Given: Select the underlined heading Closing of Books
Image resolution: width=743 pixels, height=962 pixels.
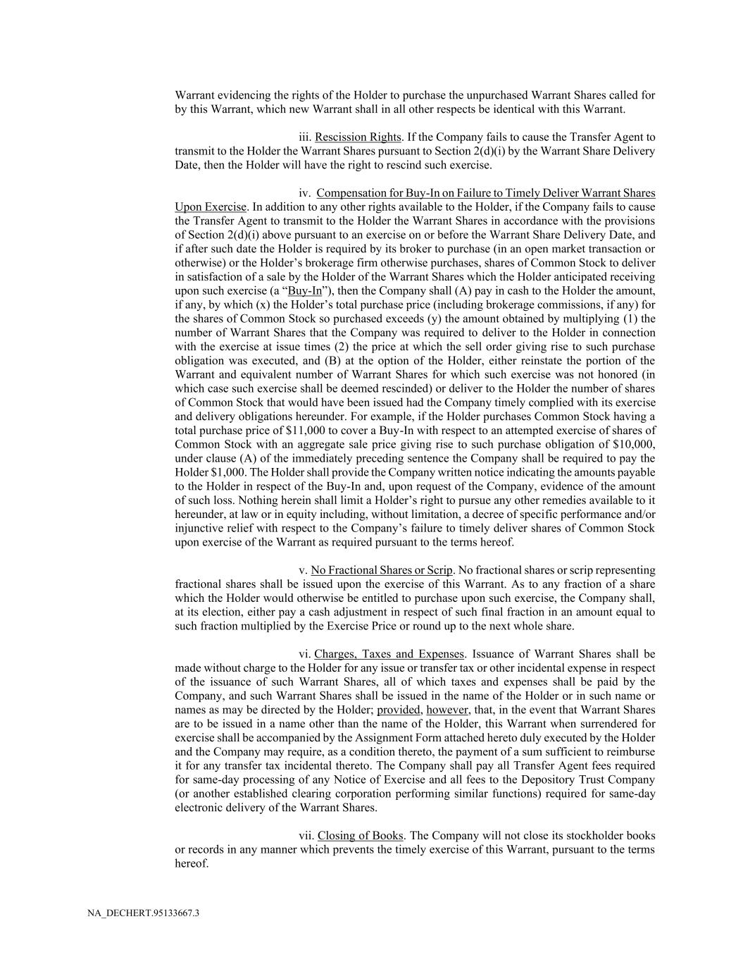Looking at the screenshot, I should (x=360, y=836).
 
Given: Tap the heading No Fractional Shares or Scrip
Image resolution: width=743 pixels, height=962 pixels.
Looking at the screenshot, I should (x=382, y=570).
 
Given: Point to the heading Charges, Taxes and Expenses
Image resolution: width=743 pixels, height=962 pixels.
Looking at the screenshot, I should (x=389, y=654).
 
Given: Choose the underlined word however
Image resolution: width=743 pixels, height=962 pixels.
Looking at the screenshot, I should (x=447, y=710).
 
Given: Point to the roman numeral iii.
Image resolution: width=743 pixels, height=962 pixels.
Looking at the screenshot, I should (x=305, y=137).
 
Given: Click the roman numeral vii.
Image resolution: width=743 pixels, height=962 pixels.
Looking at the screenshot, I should (x=306, y=836).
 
